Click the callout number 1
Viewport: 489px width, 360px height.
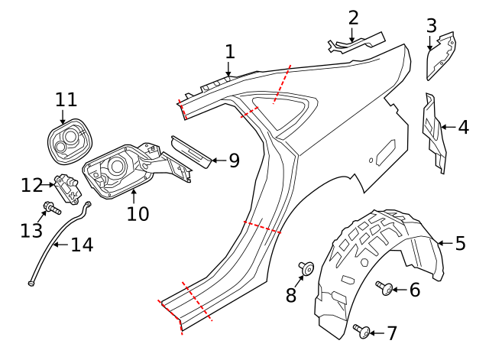(x=230, y=52)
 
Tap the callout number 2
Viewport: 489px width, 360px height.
(x=352, y=18)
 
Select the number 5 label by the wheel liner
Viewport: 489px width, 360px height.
(x=460, y=243)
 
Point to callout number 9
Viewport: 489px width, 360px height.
(x=234, y=161)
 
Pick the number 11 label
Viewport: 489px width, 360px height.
(x=66, y=99)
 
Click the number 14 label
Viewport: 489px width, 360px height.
(x=82, y=245)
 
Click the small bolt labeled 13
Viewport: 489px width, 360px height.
(x=50, y=207)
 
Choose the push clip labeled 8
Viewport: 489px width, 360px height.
(x=307, y=268)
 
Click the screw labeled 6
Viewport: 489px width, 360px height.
(x=386, y=287)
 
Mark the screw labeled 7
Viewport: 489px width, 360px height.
(x=363, y=330)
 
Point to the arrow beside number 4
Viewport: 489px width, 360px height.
(x=447, y=126)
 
